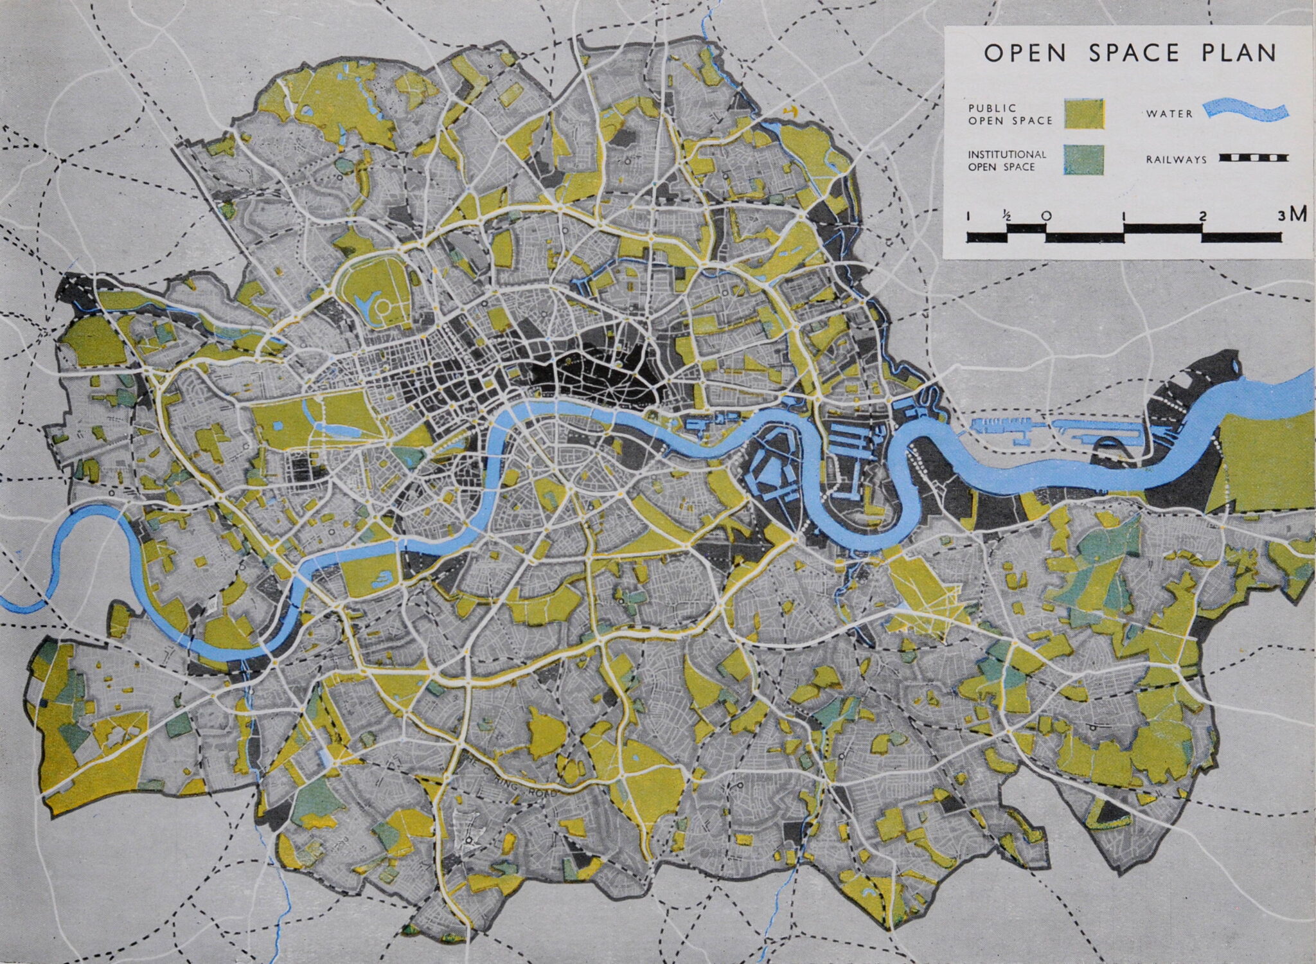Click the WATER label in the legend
point(1169,114)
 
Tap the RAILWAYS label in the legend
point(1177,159)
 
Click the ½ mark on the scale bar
point(1007,217)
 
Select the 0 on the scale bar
point(1046,216)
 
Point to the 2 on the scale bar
point(1202,217)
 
